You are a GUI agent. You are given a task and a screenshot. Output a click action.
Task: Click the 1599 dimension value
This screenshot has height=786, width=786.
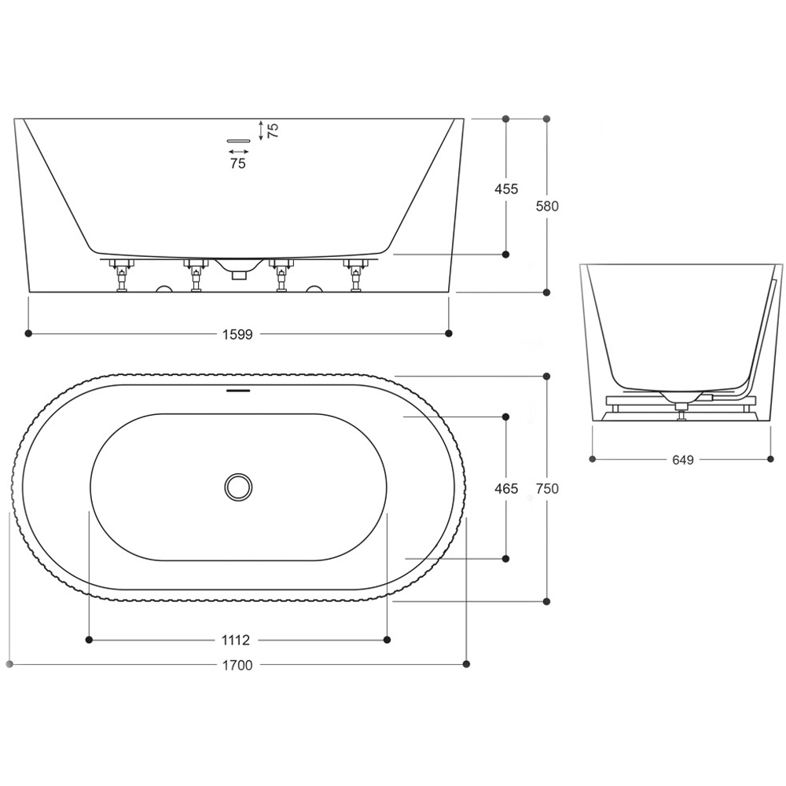point(237,334)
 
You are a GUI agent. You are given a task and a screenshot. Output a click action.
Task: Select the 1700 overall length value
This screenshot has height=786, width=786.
point(237,665)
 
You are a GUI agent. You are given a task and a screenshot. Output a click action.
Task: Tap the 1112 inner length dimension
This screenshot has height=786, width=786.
point(237,641)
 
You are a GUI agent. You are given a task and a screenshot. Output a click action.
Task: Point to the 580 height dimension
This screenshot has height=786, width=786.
point(547,206)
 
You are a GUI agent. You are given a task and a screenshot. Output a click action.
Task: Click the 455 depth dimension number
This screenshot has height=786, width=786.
point(505,189)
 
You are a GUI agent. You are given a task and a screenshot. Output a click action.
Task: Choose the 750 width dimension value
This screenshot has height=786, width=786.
point(547,488)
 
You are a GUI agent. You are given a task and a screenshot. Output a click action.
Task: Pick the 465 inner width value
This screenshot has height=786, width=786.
point(505,488)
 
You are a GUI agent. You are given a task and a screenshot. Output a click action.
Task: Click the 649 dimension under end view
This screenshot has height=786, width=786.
point(683,460)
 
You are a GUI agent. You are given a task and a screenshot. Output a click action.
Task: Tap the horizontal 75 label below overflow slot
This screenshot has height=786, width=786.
point(237,163)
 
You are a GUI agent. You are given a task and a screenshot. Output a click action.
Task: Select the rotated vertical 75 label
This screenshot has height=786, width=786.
point(273,130)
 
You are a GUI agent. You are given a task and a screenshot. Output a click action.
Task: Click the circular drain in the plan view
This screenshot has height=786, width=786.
point(237,487)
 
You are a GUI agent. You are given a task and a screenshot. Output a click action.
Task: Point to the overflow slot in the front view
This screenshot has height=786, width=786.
point(237,140)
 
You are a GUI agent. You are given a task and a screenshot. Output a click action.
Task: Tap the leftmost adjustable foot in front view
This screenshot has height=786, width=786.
point(122,276)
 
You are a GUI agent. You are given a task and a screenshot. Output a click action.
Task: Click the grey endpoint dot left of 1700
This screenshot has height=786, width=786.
point(9,664)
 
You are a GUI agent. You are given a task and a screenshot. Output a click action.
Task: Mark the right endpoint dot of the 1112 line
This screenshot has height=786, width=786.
point(387,641)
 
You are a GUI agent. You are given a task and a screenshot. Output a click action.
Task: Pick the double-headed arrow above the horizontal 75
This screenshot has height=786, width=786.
point(237,151)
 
